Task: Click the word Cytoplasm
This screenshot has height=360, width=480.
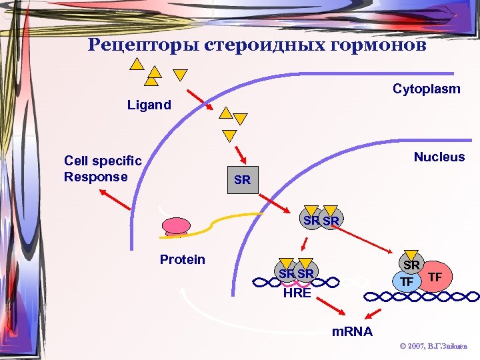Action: (426, 89)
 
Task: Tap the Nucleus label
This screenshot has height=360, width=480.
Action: (439, 157)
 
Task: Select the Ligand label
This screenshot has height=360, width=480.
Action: (149, 105)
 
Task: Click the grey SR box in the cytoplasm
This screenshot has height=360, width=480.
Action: (243, 180)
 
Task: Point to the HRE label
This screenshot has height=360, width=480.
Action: (297, 293)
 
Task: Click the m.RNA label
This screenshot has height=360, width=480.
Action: (353, 331)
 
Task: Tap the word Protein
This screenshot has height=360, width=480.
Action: (182, 259)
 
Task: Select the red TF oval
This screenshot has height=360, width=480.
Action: (435, 276)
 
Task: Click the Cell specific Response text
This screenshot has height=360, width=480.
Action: (103, 169)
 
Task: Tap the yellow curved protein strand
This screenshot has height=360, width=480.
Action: (227, 218)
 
